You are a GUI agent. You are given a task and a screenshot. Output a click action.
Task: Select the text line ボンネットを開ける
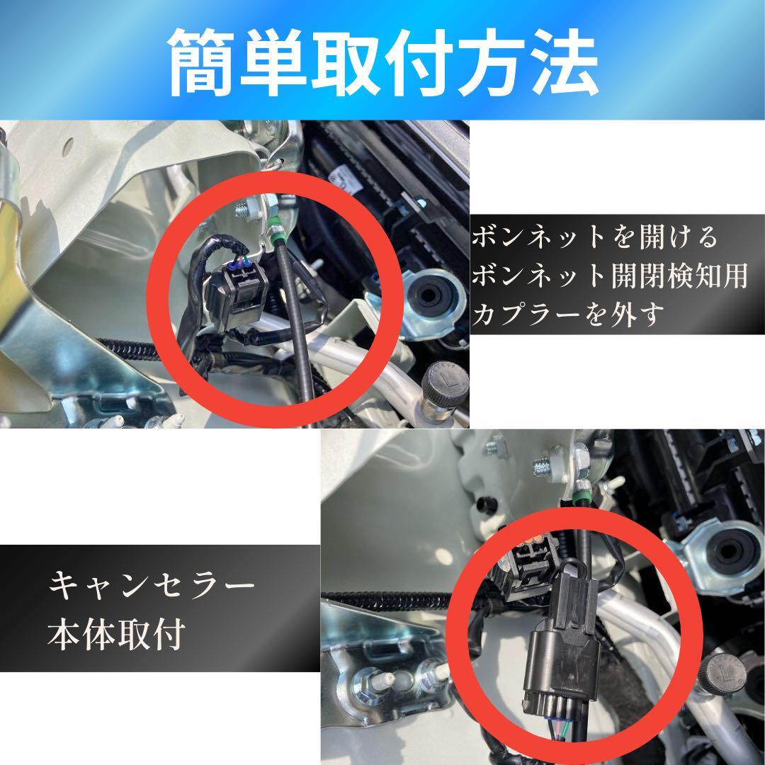(x=595, y=237)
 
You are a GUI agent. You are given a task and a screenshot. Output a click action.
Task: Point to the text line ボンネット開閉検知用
(x=610, y=276)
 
